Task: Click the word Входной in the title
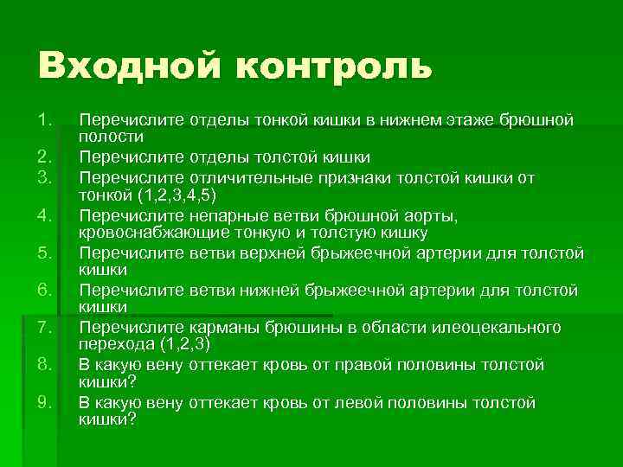pyautogui.click(x=121, y=66)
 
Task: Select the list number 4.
pyautogui.click(x=46, y=214)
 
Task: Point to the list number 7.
pyautogui.click(x=46, y=328)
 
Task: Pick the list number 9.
pyautogui.click(x=46, y=403)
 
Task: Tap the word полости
pyautogui.click(x=112, y=137)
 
